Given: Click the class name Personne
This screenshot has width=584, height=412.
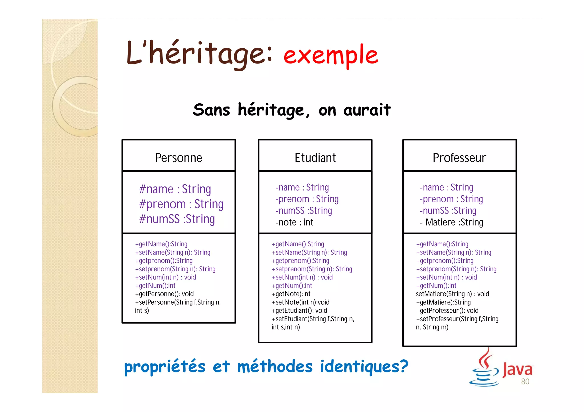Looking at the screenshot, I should tap(179, 158).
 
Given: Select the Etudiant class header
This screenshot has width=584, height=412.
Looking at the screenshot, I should tap(315, 158).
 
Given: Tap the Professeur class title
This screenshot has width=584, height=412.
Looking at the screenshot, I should tap(459, 158).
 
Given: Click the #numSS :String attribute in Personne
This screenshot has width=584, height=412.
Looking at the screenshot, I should tap(177, 219).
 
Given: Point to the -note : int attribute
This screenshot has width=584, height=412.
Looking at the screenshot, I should tap(294, 222).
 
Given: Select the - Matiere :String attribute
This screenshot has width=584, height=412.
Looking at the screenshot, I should tap(451, 222).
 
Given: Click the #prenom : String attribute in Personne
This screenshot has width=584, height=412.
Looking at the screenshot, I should tap(181, 204).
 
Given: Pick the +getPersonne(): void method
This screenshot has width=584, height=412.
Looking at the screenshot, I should tap(164, 294).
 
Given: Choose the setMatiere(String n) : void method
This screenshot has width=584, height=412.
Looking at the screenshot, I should tap(452, 294).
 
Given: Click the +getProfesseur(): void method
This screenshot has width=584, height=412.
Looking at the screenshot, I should tap(447, 310).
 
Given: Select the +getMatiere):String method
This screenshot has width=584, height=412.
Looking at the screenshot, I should tap(443, 302).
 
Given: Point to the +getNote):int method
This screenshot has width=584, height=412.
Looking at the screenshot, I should tap(291, 294).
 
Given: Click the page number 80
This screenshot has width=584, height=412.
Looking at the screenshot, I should tap(525, 382).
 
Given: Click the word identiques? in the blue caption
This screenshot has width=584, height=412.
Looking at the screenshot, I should tap(364, 366).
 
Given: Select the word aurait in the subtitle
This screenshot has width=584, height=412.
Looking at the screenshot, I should tap(367, 110).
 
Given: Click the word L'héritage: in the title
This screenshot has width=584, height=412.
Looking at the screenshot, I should tap(199, 54).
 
